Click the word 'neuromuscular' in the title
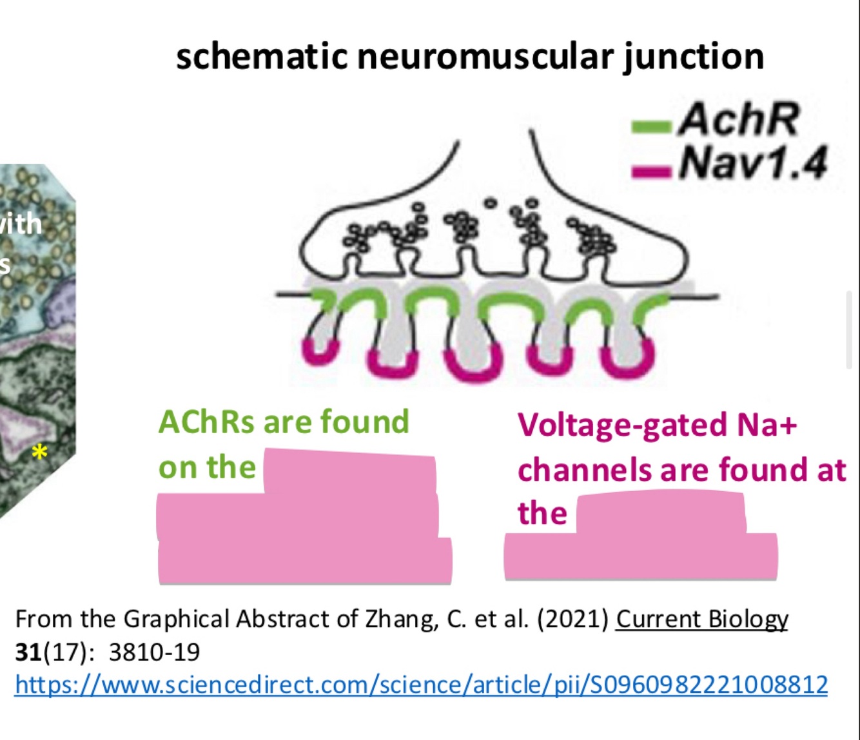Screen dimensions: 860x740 [x=485, y=57]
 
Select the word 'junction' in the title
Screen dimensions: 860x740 [x=694, y=57]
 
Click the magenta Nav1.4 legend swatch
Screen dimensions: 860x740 [x=652, y=171]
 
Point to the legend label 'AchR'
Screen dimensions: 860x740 [x=739, y=120]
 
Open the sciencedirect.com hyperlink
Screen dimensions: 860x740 [x=421, y=685]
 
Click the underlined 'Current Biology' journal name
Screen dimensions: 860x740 [x=702, y=619]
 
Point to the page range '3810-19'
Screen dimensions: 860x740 [x=155, y=652]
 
